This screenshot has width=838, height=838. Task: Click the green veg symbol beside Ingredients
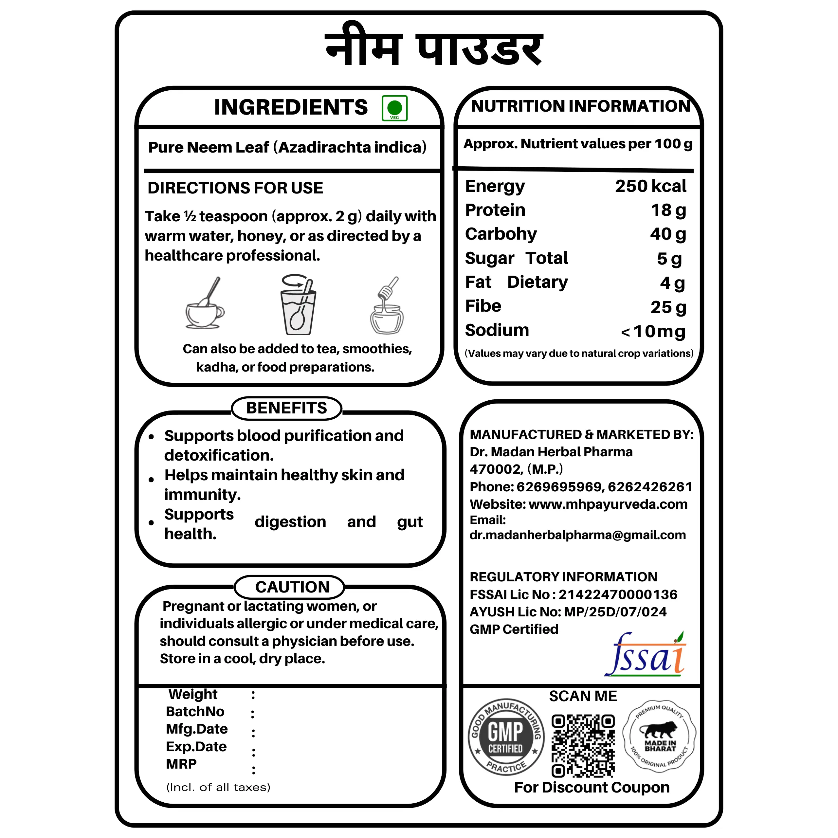[394, 108]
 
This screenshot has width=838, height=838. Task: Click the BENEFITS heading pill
[286, 408]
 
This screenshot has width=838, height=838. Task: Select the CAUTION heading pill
[292, 587]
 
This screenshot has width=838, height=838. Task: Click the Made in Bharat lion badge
[659, 736]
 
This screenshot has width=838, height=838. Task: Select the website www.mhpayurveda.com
[608, 504]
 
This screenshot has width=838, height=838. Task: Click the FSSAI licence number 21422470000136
[618, 594]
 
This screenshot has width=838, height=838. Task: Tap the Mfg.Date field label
[196, 729]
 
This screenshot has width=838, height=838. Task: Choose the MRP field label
[181, 763]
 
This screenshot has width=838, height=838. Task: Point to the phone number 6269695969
[559, 487]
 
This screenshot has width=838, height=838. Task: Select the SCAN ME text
[583, 696]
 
